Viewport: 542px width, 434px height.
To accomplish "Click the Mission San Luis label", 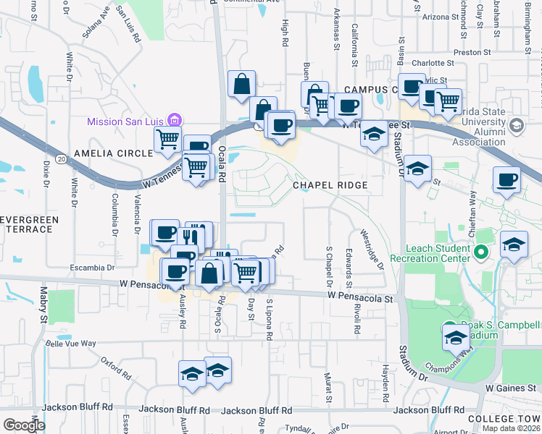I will pos(125,122).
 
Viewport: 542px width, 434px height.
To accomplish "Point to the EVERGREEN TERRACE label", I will pos(27,224).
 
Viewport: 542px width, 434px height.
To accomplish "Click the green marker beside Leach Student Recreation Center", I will pos(480,252).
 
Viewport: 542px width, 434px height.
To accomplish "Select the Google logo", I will pos(24,425).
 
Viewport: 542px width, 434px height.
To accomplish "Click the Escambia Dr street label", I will pos(91,268).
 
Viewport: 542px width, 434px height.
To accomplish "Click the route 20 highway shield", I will pos(60,158).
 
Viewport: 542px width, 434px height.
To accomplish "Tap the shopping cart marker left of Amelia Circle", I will pos(168,138).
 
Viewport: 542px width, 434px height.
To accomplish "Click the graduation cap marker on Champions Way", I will pos(456,336).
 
